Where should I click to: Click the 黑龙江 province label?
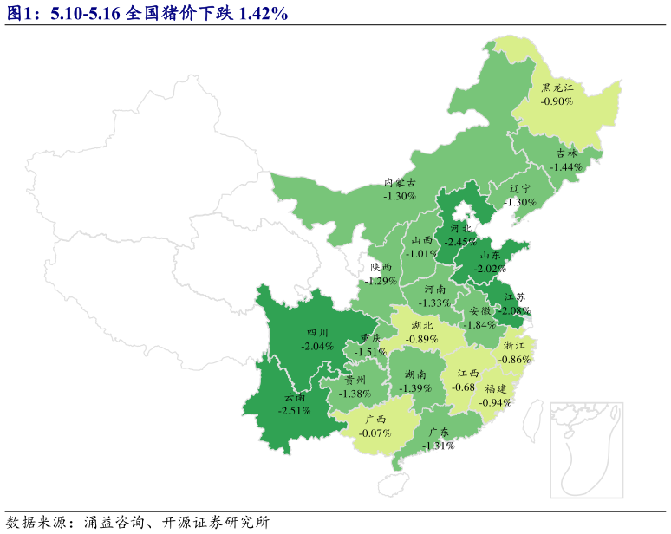point(558,88)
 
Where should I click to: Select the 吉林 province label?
point(566,153)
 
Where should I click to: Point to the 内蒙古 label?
point(400,183)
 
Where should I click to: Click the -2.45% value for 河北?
point(460,241)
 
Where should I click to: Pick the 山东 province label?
point(489,256)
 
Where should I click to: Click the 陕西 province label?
point(381,268)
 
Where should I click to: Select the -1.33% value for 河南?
point(435,303)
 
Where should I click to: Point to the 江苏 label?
point(514,297)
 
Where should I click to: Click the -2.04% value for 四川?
point(316,345)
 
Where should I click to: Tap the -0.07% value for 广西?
point(375,432)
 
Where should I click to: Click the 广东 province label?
point(439,433)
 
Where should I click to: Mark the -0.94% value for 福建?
point(495,402)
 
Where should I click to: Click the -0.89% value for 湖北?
point(423,338)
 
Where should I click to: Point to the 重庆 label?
point(371,339)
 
